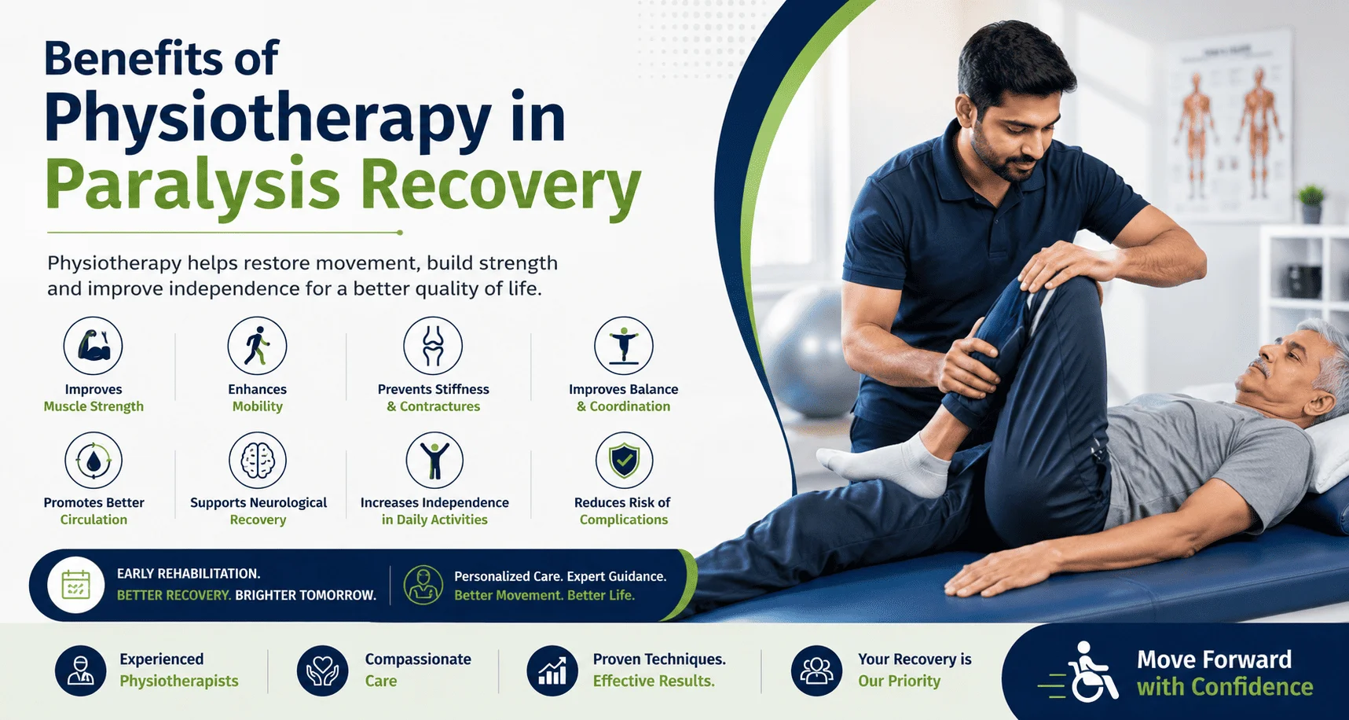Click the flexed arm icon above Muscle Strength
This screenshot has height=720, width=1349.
click(x=93, y=346)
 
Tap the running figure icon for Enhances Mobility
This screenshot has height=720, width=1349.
click(x=257, y=346)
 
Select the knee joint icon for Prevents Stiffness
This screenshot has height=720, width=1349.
click(x=433, y=346)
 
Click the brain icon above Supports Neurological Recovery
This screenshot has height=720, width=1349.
click(x=258, y=461)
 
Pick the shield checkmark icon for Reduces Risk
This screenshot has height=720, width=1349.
click(x=624, y=461)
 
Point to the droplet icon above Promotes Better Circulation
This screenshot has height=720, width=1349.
click(x=93, y=461)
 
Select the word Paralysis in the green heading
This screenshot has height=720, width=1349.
click(x=192, y=186)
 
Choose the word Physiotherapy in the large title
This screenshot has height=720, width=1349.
click(x=268, y=119)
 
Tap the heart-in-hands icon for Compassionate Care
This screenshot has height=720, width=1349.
click(x=322, y=670)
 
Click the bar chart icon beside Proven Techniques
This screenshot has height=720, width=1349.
click(x=552, y=670)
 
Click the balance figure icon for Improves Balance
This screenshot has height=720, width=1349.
click(x=624, y=346)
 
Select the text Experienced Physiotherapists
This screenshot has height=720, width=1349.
click(x=179, y=670)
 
